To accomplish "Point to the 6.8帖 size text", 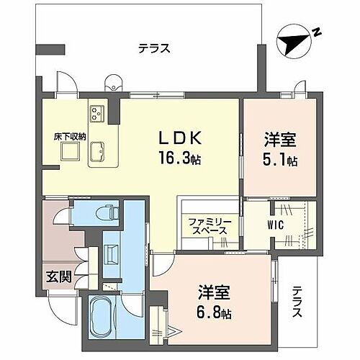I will [x=216, y=315].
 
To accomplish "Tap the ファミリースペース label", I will [x=208, y=225].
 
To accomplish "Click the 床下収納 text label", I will [x=67, y=135].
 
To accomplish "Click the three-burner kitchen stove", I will [x=97, y=113].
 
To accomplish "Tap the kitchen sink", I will [x=99, y=149].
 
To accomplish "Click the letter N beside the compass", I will [x=316, y=32].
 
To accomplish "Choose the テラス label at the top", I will [x=154, y=49].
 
